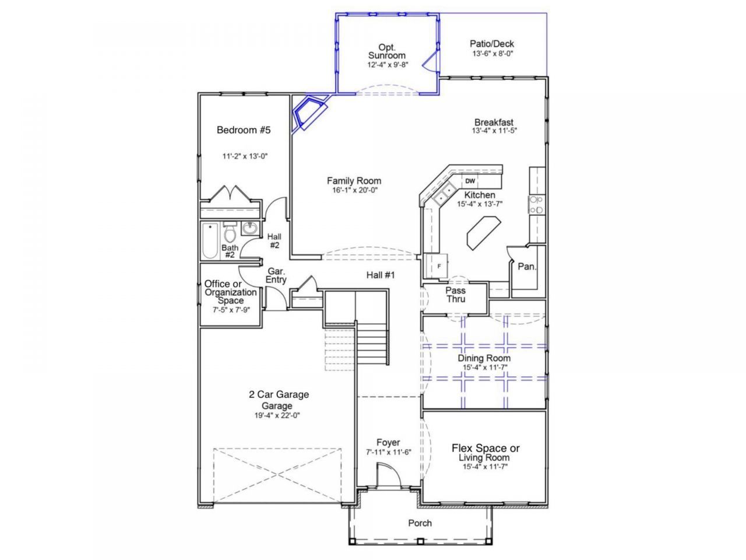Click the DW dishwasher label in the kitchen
click(x=470, y=181)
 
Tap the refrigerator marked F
click(x=437, y=266)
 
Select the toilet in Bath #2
click(x=230, y=232)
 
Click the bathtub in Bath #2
click(x=210, y=240)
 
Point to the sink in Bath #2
click(x=251, y=228)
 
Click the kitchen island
click(x=484, y=233)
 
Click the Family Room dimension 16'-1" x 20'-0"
click(x=354, y=190)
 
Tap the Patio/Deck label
click(x=492, y=44)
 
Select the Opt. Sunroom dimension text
click(x=388, y=65)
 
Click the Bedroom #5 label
click(x=244, y=130)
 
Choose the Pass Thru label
click(x=455, y=295)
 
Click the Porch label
click(x=420, y=523)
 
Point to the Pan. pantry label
click(x=527, y=267)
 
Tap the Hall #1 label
click(x=381, y=275)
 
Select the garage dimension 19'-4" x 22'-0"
click(x=277, y=415)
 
